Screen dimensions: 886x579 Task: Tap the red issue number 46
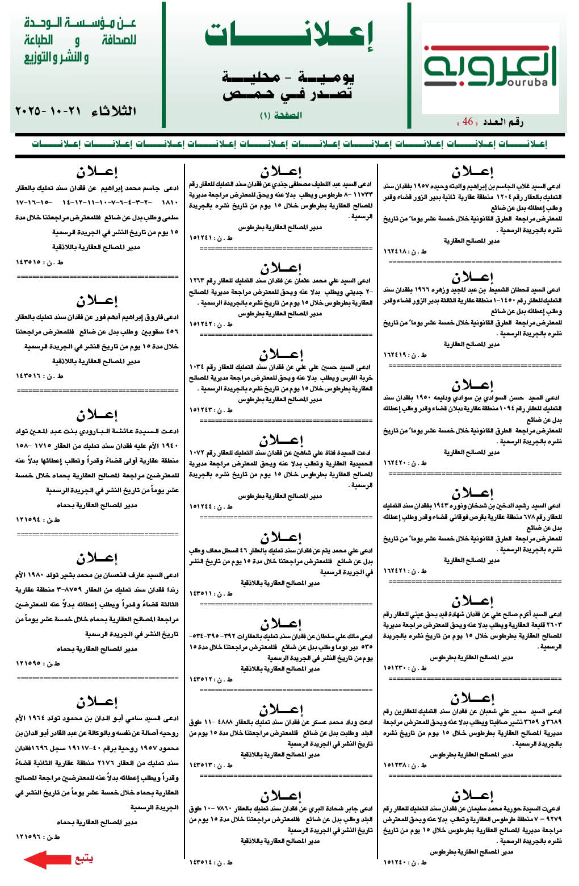pos(468,122)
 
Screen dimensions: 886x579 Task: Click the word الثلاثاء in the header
pos(113,111)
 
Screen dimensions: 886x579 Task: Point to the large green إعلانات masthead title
pos(288,36)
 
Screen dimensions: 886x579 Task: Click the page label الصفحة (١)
pos(281,115)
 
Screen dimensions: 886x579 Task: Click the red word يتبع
pos(84,859)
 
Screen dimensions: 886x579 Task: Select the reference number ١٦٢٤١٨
pos(397,251)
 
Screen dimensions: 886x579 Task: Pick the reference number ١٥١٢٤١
pos(203,238)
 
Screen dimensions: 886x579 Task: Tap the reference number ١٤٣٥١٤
pos(203,862)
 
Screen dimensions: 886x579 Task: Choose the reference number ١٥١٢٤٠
pos(397,862)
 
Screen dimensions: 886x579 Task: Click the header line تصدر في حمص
pos(287,93)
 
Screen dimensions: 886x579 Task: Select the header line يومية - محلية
pos(287,77)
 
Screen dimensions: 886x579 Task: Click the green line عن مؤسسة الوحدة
pos(80,23)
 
